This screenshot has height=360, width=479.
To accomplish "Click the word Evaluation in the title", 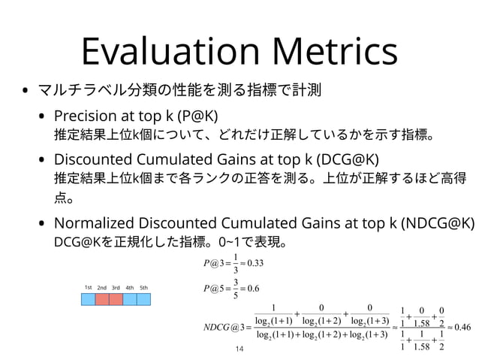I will click(x=171, y=52).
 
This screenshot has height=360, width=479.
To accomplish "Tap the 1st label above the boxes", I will click(x=88, y=287).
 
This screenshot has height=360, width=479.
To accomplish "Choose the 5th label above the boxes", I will click(x=143, y=287).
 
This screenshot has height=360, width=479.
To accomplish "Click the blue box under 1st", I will click(x=89, y=299).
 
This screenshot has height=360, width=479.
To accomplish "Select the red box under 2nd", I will click(x=102, y=299).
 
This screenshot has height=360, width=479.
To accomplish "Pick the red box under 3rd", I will click(x=116, y=299).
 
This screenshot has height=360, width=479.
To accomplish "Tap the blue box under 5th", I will click(x=143, y=299).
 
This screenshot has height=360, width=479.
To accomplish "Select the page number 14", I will click(x=239, y=349).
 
